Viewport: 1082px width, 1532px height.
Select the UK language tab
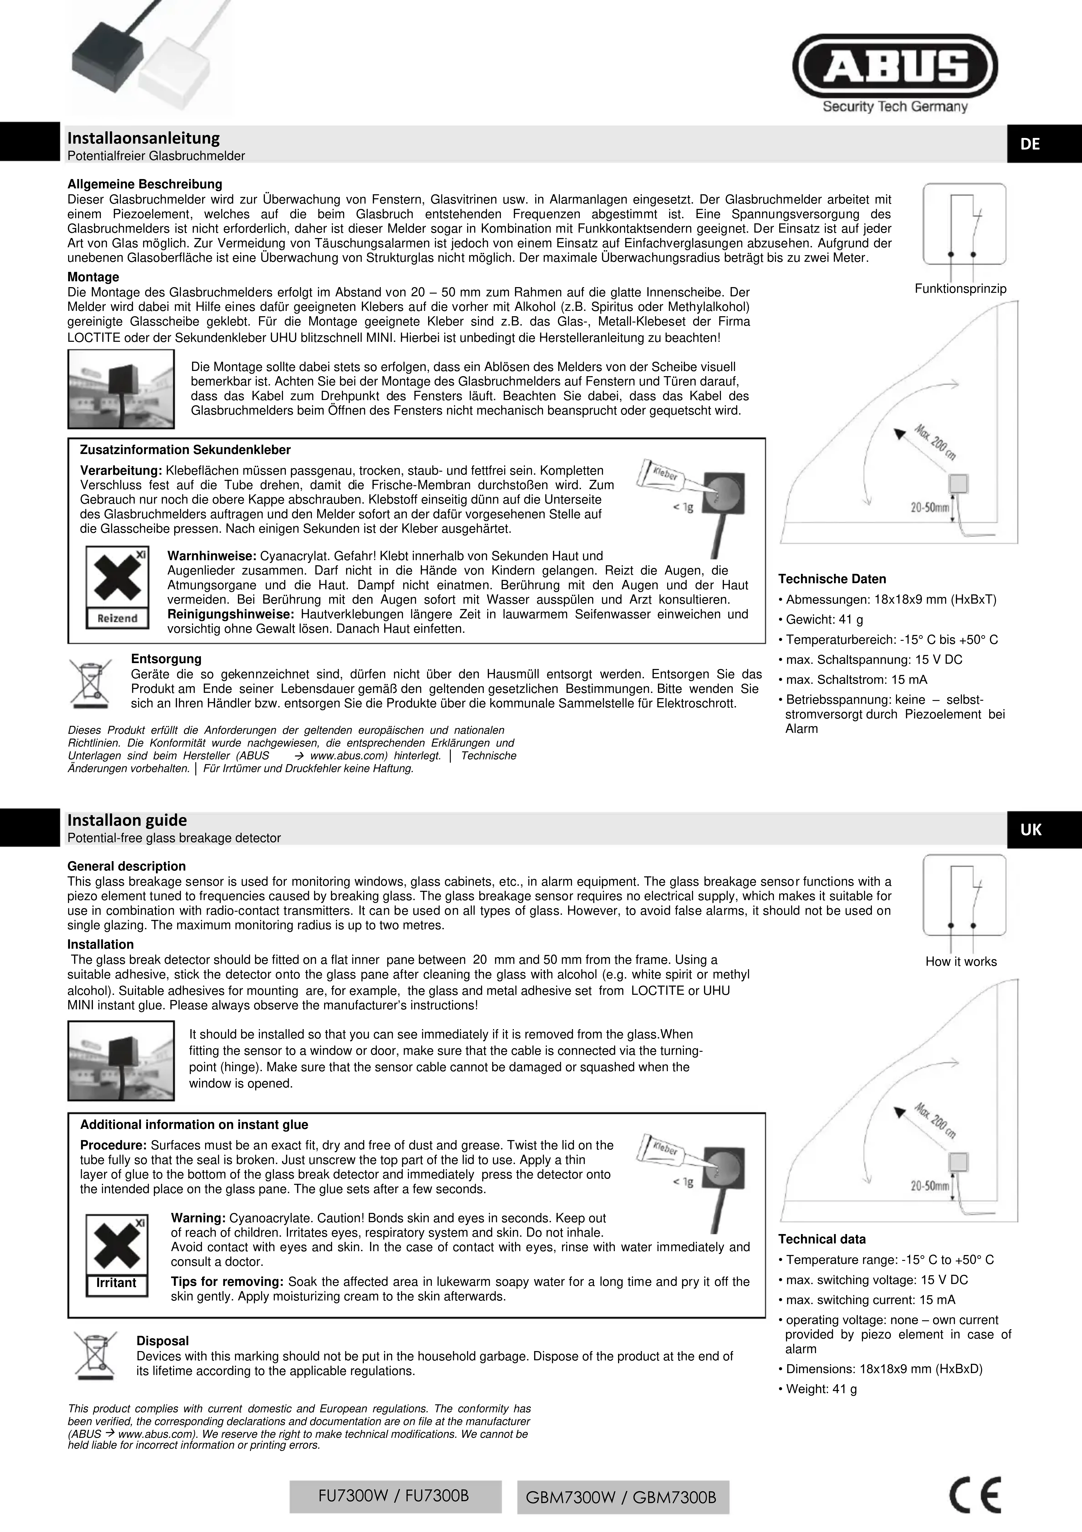(x=1031, y=829)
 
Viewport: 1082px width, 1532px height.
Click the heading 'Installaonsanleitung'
(x=143, y=138)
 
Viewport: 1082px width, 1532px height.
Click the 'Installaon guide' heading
(x=127, y=820)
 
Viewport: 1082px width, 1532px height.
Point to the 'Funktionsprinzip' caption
(x=960, y=289)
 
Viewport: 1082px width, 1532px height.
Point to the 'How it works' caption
(x=961, y=962)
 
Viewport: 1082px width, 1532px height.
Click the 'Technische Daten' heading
(x=832, y=579)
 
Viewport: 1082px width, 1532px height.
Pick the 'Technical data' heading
(x=822, y=1239)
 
